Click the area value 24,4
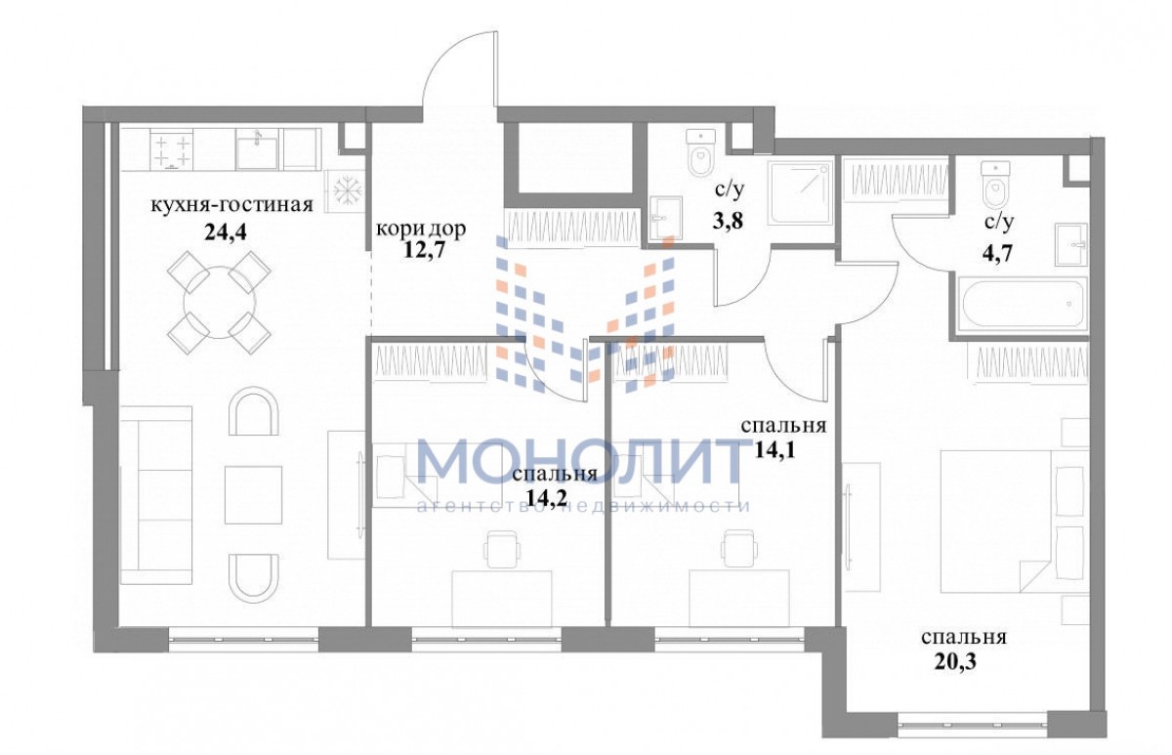(x=225, y=231)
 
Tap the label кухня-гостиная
(x=231, y=204)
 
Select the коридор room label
(x=421, y=229)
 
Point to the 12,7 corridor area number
(x=424, y=250)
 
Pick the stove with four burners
(x=172, y=149)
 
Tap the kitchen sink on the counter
(x=256, y=149)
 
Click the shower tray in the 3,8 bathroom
(x=800, y=193)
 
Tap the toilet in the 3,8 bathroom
(x=700, y=152)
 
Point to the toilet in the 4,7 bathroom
(x=995, y=186)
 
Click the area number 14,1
(x=774, y=449)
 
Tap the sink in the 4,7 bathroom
(x=1071, y=244)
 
